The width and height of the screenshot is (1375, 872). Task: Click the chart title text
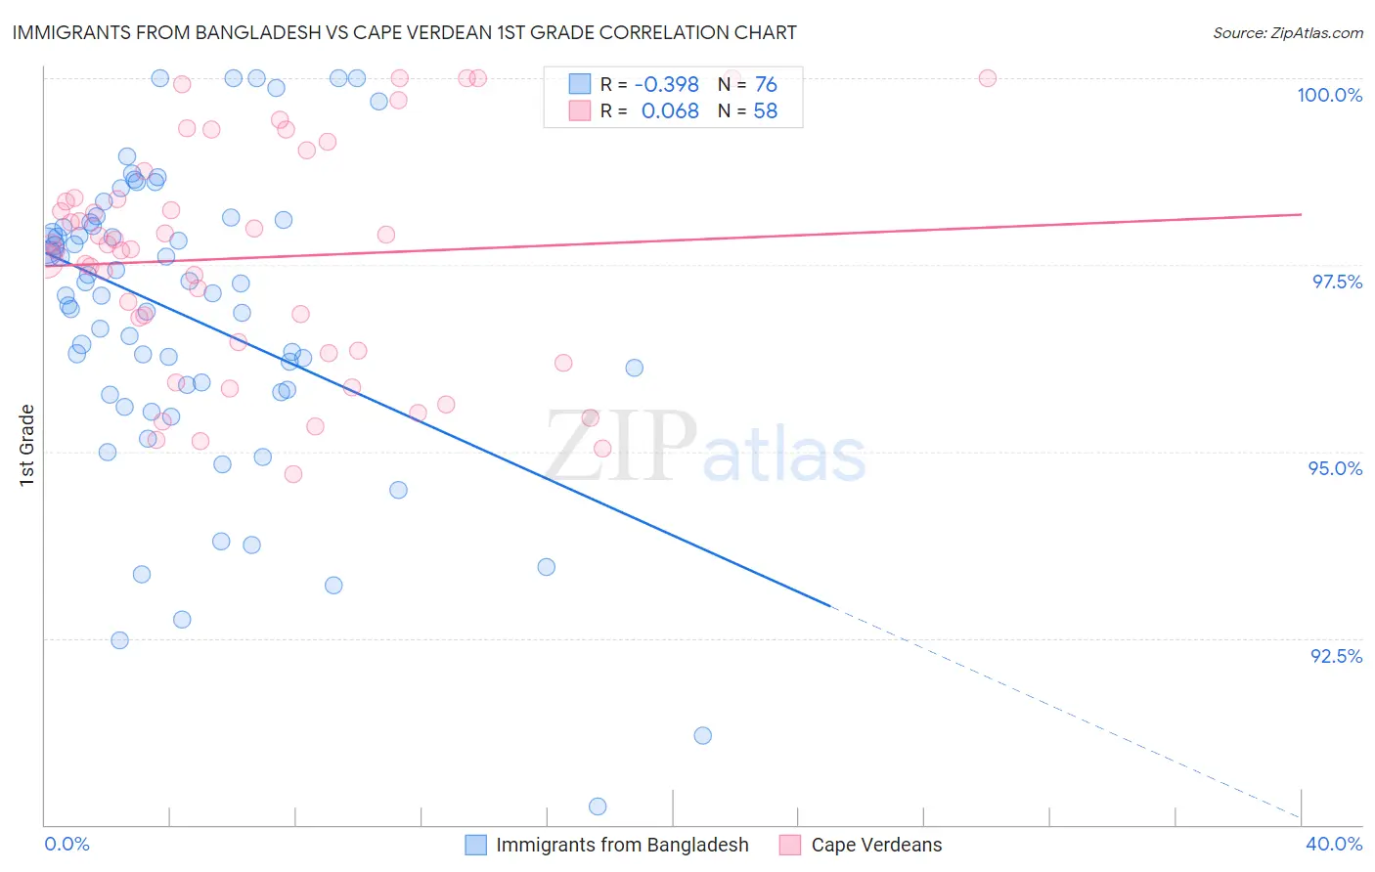(x=404, y=32)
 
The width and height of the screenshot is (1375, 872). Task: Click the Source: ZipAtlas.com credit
(x=1287, y=32)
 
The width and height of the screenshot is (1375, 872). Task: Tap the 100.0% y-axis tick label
(x=1329, y=95)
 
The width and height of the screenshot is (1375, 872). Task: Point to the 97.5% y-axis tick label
(x=1336, y=282)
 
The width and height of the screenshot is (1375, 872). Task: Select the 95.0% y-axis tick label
(x=1335, y=468)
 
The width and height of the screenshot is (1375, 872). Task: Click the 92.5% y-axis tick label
(x=1336, y=656)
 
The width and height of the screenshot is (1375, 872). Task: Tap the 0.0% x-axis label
(x=67, y=844)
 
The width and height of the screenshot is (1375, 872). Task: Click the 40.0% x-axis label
(x=1333, y=844)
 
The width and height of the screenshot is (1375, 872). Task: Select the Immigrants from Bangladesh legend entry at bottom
(x=621, y=845)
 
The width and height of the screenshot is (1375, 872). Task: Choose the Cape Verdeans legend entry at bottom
(x=876, y=845)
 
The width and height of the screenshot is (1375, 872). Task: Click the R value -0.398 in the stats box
(x=666, y=85)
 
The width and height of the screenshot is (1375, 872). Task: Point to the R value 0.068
(x=670, y=111)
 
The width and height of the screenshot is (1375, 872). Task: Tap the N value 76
(x=766, y=85)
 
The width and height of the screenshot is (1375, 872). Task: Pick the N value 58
(x=765, y=111)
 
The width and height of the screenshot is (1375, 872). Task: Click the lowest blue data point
(x=598, y=807)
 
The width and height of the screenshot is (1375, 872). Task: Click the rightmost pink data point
(x=987, y=78)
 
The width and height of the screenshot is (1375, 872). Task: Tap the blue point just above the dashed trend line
(x=702, y=735)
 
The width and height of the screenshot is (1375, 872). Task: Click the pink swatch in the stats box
(x=580, y=110)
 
